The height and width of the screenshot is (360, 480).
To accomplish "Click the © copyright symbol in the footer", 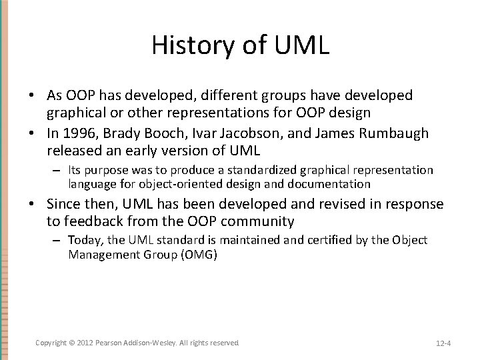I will pyautogui.click(x=72, y=342).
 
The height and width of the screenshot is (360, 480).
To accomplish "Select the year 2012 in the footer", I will pyautogui.click(x=85, y=342).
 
